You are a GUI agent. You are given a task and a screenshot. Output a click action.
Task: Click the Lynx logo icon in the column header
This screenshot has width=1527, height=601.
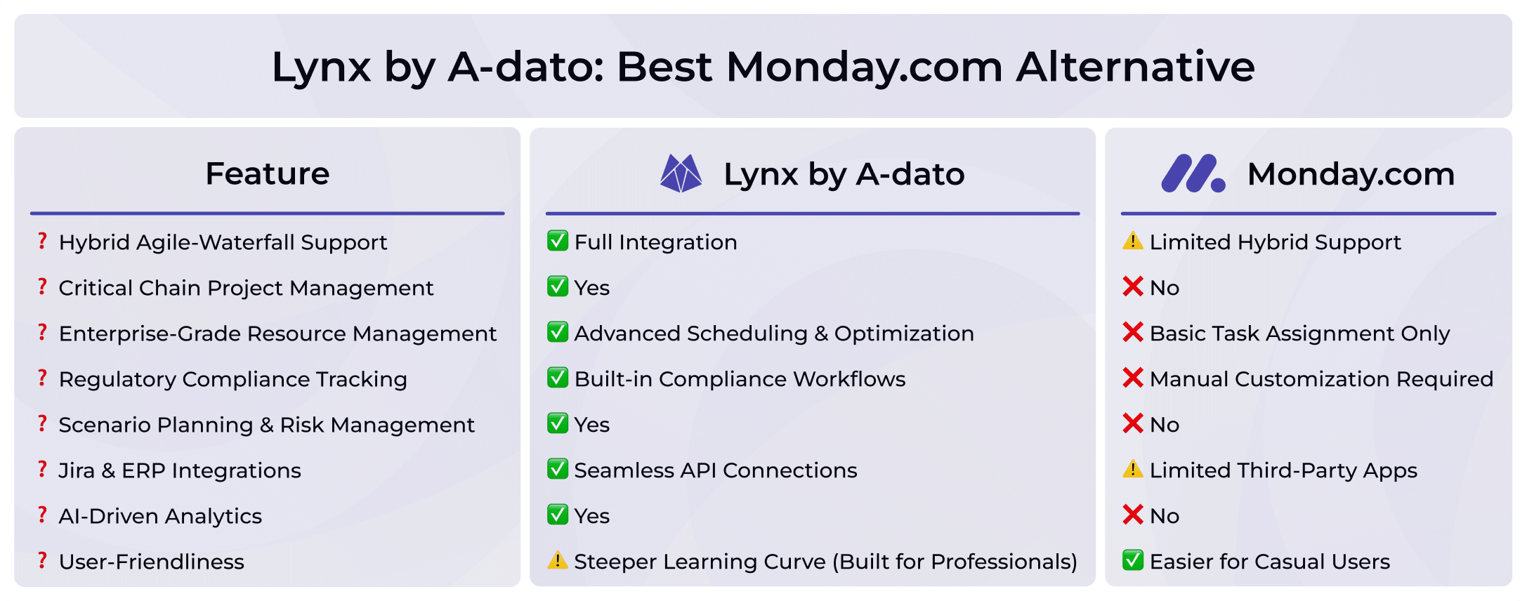pos(681,173)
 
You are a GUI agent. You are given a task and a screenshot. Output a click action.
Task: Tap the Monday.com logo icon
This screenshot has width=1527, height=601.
pos(1193,173)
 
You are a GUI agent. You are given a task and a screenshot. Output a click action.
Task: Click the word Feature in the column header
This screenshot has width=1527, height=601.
pos(267,173)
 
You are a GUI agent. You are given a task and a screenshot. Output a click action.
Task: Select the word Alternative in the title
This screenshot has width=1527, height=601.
pos(1135,67)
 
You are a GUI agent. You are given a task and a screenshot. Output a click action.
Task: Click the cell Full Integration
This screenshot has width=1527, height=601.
pos(655,242)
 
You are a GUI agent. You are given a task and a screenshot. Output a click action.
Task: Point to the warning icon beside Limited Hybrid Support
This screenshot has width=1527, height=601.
pos(1132,242)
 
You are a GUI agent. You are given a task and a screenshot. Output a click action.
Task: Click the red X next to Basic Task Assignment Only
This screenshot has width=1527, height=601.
pos(1132,332)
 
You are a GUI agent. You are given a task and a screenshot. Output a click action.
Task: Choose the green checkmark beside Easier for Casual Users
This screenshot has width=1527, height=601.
pos(1132,560)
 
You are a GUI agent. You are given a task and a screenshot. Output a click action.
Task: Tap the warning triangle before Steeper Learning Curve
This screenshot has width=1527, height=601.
pos(557,560)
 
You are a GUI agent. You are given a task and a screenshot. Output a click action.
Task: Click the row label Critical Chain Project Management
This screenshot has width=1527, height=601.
pos(246,288)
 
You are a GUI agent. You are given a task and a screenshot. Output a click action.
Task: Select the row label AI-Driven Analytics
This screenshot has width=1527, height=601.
pos(160,516)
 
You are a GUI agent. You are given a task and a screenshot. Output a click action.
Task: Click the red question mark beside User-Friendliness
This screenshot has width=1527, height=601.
pos(43,560)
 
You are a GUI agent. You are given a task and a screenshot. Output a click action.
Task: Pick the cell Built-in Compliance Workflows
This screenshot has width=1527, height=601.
pos(740,379)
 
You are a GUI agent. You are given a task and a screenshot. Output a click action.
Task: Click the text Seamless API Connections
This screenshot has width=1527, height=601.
pos(715,470)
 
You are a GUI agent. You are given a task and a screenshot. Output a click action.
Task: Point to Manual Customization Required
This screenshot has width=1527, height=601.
pos(1321,379)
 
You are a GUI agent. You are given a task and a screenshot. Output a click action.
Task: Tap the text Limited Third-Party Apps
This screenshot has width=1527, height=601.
pos(1283,470)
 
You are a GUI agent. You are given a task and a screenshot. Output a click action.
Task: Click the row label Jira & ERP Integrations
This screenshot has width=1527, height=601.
pos(180,470)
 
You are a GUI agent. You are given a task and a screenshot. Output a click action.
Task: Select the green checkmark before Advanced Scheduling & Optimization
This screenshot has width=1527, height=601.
pos(557,332)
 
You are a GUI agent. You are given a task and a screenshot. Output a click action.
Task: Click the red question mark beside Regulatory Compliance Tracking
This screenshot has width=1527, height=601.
pos(43,378)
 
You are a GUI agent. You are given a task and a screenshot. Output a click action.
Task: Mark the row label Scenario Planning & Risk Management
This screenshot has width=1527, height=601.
pos(266,425)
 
